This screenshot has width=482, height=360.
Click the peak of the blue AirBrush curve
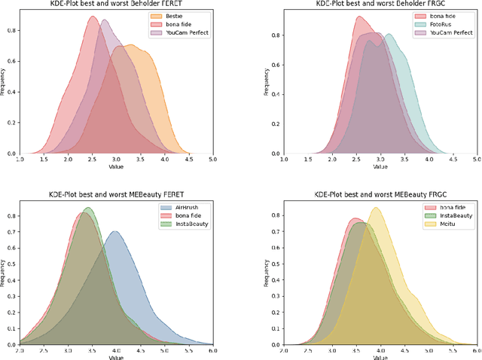(x=114, y=231)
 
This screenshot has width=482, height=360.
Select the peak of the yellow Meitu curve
(x=375, y=208)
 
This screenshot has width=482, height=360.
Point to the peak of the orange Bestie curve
(x=131, y=46)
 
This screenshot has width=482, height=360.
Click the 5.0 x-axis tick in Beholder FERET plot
(x=213, y=160)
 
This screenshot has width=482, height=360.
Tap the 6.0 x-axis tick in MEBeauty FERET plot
(x=213, y=351)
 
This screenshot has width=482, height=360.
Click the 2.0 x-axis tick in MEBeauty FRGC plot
(x=283, y=351)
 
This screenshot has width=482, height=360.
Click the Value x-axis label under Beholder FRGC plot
(x=379, y=167)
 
